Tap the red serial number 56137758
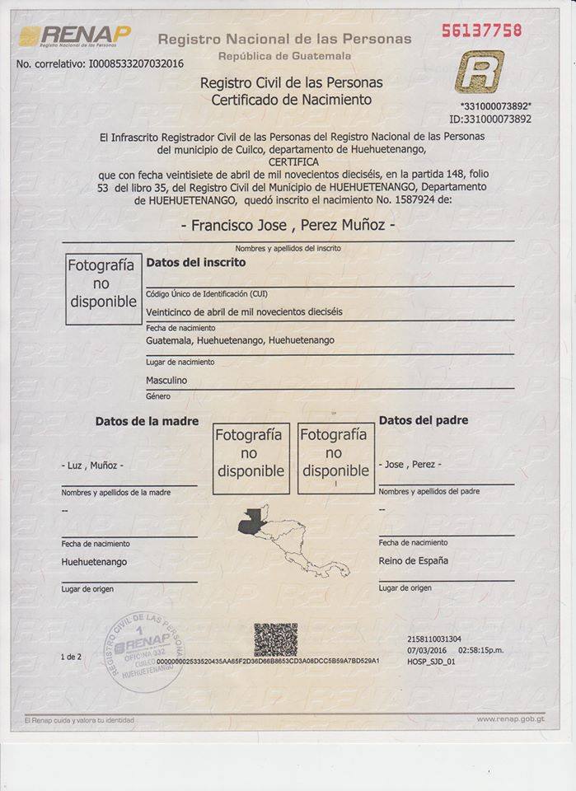point(481,30)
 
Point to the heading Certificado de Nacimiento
point(291,100)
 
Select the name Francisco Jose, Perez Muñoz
point(288,225)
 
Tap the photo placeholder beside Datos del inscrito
point(103,288)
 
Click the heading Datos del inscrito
point(195,263)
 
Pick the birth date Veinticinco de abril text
point(244,311)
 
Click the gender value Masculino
point(166,380)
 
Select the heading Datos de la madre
point(147,421)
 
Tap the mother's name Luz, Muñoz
point(92,465)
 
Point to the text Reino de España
point(414,560)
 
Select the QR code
point(275,639)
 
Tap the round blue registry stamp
point(144,652)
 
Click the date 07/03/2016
point(426,649)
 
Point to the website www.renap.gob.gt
point(510,719)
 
